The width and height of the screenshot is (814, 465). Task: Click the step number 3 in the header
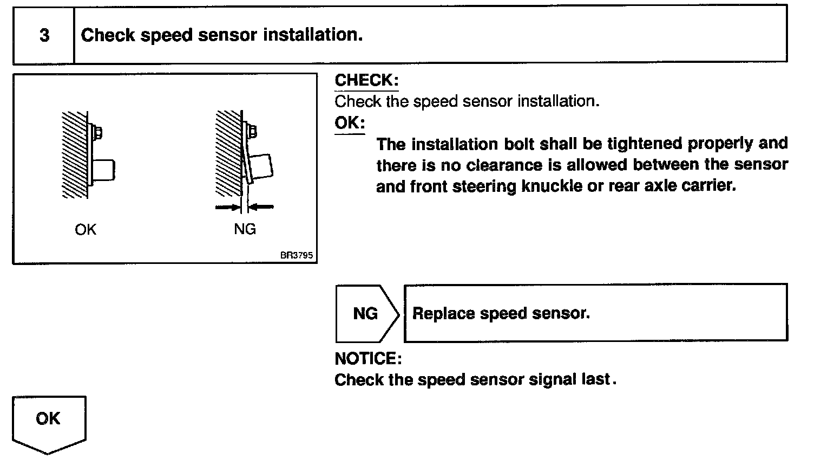44,36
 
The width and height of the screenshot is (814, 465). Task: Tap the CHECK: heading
366,80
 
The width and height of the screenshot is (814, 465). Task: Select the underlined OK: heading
350,123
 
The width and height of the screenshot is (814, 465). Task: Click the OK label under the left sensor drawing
86,230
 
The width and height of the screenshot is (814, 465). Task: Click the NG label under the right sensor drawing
245,230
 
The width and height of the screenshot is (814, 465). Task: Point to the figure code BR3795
297,255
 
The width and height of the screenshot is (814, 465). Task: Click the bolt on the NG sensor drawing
253,131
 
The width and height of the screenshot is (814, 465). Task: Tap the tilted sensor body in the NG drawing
261,168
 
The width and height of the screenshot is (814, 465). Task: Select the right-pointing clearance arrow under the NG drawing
227,206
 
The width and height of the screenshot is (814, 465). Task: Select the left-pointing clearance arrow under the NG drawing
262,206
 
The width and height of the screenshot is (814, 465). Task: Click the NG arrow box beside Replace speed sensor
366,314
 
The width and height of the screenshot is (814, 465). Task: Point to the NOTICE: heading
368,359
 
